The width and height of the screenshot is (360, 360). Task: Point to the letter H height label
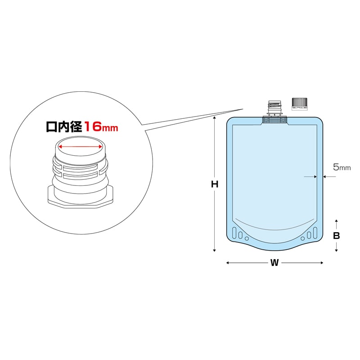pyautogui.click(x=215, y=184)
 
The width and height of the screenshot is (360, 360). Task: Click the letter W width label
pyautogui.click(x=274, y=263)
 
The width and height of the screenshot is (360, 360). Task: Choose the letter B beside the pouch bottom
pyautogui.click(x=336, y=235)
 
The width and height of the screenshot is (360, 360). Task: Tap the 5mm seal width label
pyautogui.click(x=342, y=167)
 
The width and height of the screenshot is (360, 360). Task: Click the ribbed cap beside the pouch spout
pyautogui.click(x=300, y=103)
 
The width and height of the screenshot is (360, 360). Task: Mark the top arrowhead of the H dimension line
pyautogui.click(x=215, y=117)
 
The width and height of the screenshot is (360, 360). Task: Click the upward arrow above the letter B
pyautogui.click(x=336, y=221)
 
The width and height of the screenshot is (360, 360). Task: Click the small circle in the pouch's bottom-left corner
pyautogui.click(x=246, y=238)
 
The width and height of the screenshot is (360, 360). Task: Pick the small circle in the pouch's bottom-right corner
pyautogui.click(x=302, y=238)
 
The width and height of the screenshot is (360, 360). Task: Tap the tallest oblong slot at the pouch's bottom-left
pyautogui.click(x=234, y=233)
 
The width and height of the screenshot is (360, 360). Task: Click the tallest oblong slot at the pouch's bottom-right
pyautogui.click(x=315, y=233)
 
